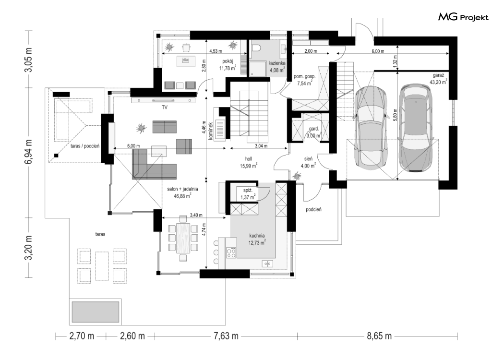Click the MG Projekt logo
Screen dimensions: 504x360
pos(463,17)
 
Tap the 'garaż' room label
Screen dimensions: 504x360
pos(438,75)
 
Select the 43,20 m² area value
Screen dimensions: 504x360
pos(438,82)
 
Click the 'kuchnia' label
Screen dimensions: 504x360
pos(257,236)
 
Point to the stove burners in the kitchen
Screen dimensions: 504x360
pos(231,252)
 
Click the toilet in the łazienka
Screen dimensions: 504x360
pos(256,48)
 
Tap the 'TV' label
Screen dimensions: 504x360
pos(165,108)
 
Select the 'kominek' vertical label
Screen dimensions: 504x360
pos(211,130)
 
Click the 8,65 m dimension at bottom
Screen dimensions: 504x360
pos(379,336)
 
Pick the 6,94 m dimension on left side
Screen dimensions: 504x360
pos(29,152)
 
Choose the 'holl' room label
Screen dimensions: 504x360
pos(249,159)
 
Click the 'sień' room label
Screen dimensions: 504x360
pos(309,159)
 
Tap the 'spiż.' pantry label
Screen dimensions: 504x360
pos(248,191)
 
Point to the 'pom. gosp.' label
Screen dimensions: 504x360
pos(305,77)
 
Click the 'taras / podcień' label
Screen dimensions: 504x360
pos(85,146)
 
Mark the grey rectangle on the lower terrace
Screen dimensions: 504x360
pos(96,312)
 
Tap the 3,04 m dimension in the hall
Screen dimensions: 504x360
pos(261,145)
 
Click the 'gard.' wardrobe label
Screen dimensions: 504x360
pos(314,129)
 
